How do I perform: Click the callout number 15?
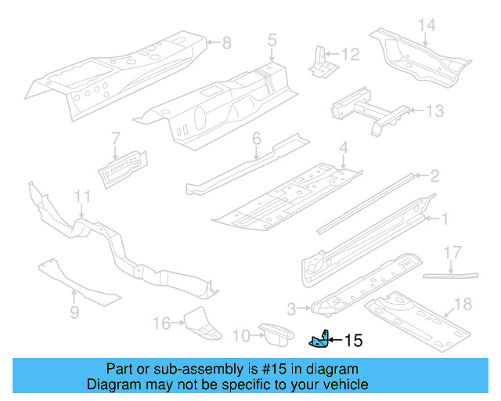click(x=354, y=341)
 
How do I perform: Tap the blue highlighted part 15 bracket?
click(x=319, y=339)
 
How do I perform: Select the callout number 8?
click(x=227, y=43)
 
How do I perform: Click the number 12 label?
click(x=350, y=54)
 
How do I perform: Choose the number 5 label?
click(x=272, y=38)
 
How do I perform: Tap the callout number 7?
click(x=115, y=138)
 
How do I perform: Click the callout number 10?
click(x=241, y=336)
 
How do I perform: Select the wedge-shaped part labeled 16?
click(x=201, y=325)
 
